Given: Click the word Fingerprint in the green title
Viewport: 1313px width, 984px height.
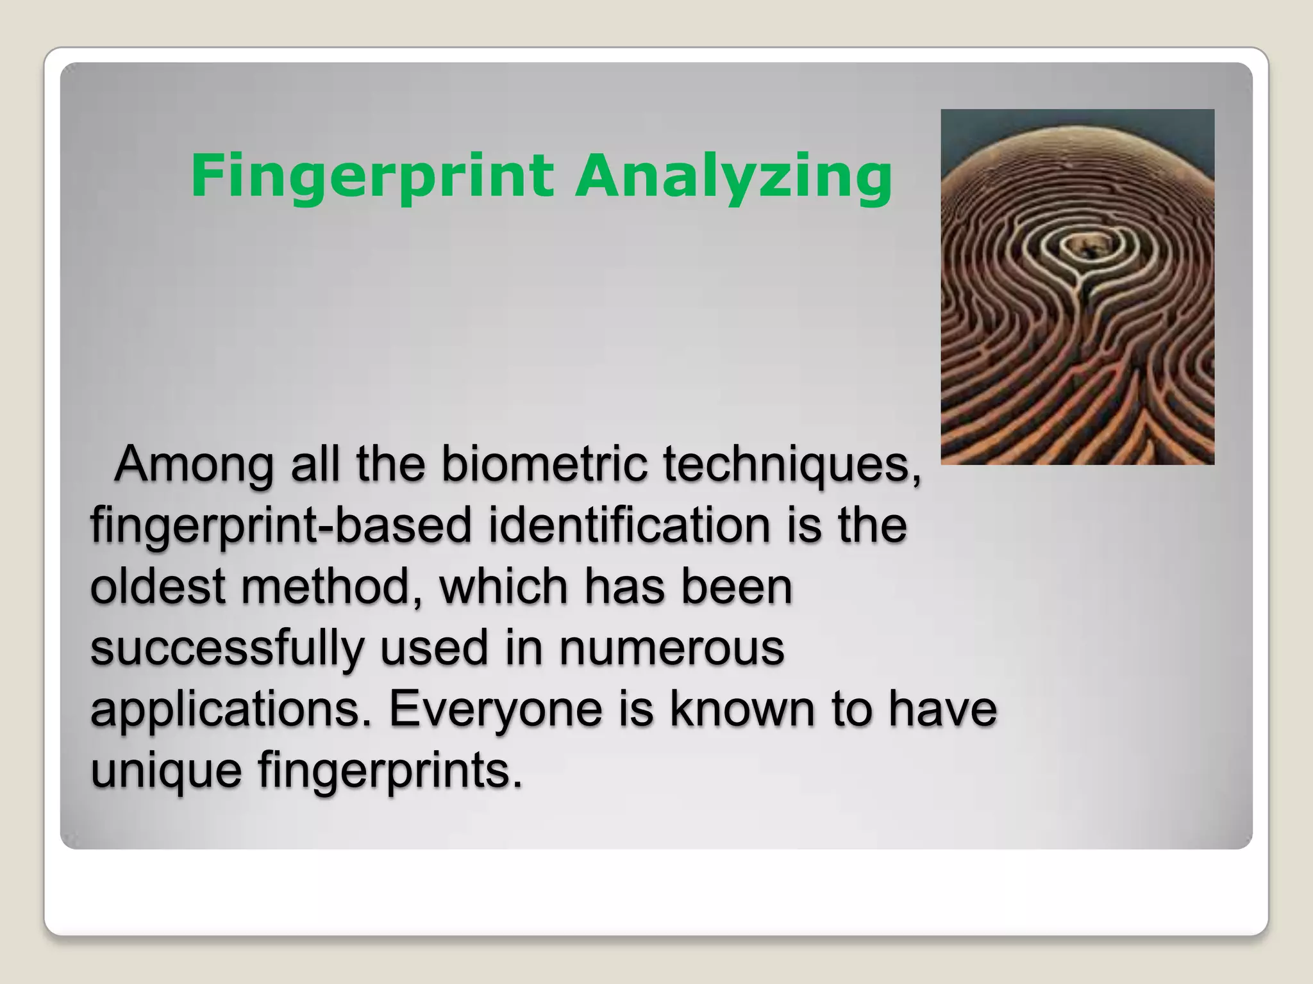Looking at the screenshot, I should point(372,176).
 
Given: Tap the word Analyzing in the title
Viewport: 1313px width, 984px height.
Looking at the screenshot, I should point(733,176).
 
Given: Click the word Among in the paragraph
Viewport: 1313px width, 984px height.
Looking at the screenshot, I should point(194,464).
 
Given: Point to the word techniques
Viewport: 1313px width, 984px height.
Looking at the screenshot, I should point(792,464).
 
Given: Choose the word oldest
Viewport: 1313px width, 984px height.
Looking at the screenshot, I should point(157,586).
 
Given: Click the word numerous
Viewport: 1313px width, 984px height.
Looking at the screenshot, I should point(671,648).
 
